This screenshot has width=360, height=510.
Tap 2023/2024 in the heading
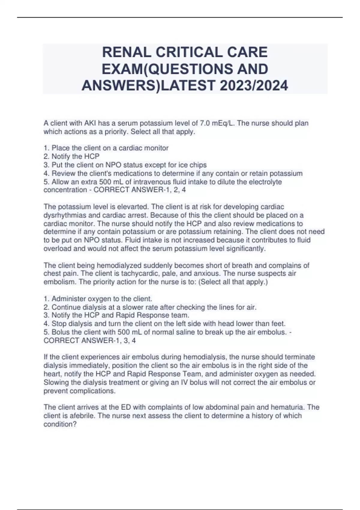(254, 86)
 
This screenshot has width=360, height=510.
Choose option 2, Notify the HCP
(71, 156)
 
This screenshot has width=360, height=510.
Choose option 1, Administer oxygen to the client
(98, 299)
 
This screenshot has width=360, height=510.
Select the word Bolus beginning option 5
(61, 332)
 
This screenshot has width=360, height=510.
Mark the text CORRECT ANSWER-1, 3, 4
(89, 341)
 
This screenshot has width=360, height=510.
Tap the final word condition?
(60, 424)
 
